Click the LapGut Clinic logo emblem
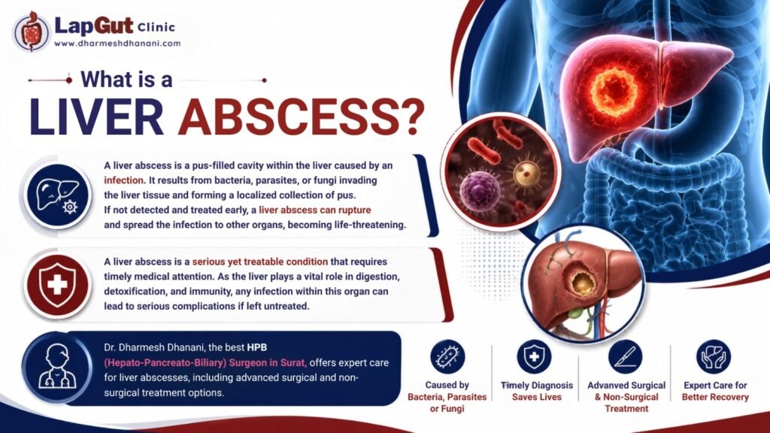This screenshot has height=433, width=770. click(32, 32)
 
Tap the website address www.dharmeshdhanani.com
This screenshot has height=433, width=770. click(117, 43)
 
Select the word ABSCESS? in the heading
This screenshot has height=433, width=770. click(301, 118)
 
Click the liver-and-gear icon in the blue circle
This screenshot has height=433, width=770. click(58, 196)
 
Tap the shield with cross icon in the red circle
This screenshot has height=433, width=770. click(57, 285)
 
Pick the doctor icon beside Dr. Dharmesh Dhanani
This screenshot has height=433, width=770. click(58, 368)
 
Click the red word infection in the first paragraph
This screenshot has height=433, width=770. click(124, 180)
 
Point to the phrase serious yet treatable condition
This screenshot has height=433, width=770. click(259, 262)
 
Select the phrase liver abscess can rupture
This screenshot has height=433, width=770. click(315, 210)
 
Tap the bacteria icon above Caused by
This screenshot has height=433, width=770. click(447, 356)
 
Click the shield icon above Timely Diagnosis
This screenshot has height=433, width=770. click(535, 356)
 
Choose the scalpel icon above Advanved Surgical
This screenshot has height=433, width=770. click(625, 356)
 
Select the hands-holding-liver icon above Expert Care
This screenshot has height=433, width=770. click(713, 356)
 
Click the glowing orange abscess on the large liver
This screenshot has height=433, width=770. click(614, 92)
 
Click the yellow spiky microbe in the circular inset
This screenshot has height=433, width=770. click(526, 173)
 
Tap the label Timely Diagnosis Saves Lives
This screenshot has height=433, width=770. click(537, 391)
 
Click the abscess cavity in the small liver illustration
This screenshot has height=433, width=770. click(583, 282)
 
